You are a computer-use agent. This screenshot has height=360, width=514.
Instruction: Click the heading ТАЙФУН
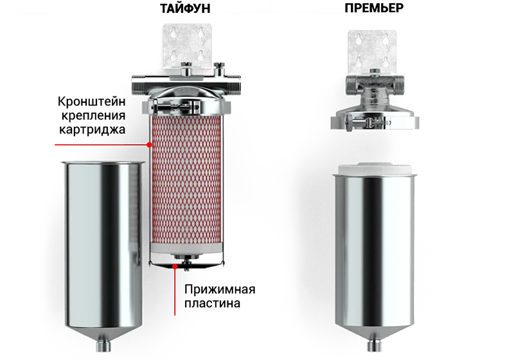185,8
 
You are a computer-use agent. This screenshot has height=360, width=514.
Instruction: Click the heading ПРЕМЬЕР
374,8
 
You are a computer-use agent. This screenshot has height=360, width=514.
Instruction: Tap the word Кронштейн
91,102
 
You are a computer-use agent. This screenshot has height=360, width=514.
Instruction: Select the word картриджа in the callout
92,129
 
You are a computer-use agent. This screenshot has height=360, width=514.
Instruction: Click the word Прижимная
220,289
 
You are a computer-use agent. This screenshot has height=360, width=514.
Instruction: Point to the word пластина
212,303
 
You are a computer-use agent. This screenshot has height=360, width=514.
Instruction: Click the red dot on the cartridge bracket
149,145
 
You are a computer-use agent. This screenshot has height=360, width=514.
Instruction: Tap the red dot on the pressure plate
175,267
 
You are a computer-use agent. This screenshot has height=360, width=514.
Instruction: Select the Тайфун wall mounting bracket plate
187,46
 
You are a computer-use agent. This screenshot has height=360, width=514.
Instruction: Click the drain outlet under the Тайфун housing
103,346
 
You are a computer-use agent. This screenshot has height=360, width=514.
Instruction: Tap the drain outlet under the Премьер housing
375,346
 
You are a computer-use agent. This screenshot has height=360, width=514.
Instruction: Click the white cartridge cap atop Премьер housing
375,169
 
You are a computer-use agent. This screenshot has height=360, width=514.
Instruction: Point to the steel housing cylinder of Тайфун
103,249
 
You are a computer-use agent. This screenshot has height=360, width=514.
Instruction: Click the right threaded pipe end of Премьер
398,85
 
